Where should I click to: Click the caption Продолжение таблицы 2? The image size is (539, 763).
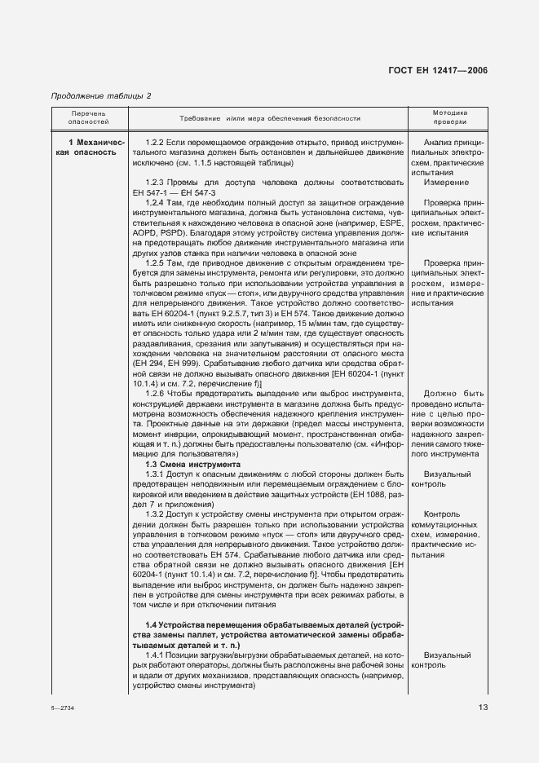[x=101, y=96]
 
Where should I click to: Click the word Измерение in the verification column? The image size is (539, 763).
[x=446, y=183]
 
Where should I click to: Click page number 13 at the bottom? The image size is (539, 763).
[x=483, y=707]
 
